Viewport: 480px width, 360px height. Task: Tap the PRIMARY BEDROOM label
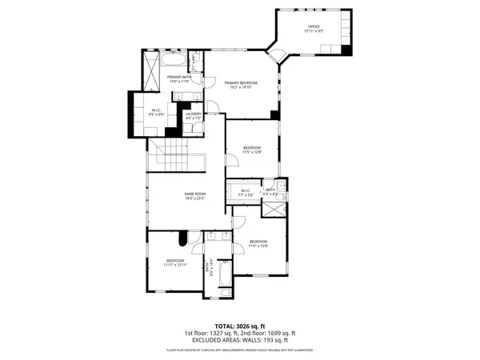(x=240, y=82)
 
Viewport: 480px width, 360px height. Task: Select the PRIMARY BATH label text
(x=179, y=77)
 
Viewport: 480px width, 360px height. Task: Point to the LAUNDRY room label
(x=193, y=114)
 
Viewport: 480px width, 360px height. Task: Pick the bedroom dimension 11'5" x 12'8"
(x=252, y=148)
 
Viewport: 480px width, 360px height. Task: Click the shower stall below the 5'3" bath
(x=273, y=209)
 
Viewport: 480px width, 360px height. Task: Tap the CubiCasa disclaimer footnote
(x=239, y=350)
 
